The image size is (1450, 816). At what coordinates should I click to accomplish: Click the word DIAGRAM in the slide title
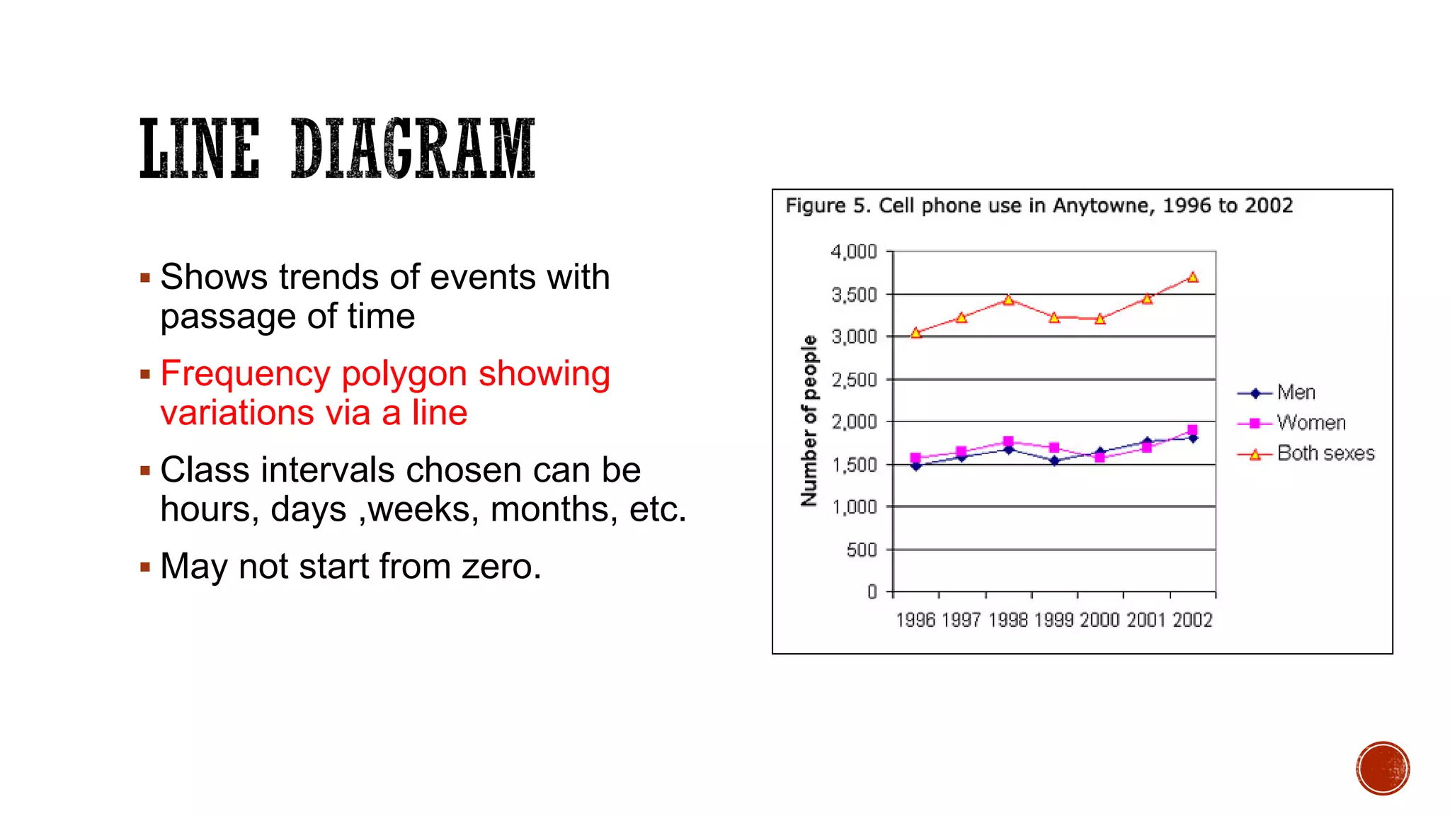tap(413, 149)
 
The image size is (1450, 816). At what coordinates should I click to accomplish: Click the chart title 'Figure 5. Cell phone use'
tap(1038, 205)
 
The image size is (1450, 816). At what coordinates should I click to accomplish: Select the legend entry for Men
tap(1296, 392)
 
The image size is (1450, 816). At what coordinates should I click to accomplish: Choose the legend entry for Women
tap(1311, 423)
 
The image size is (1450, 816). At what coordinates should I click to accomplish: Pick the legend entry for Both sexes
tap(1325, 453)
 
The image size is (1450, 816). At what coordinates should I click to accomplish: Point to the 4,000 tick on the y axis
tap(854, 252)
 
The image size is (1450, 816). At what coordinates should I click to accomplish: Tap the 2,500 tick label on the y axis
tap(854, 380)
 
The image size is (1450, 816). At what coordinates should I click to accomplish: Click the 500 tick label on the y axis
tap(862, 550)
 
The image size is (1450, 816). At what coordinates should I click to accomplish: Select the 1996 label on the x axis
tap(915, 620)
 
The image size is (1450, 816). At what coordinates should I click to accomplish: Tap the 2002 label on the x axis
tap(1192, 620)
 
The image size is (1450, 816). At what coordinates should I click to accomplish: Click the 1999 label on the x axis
tap(1054, 620)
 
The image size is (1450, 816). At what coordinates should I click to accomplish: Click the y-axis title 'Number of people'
tap(809, 421)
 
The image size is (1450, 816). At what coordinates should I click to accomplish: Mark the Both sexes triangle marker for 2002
tap(1193, 277)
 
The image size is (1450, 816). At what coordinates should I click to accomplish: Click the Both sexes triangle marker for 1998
tap(1008, 300)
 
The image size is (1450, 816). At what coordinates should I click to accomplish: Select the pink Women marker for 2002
tap(1192, 430)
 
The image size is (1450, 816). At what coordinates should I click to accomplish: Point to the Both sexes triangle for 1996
tap(916, 332)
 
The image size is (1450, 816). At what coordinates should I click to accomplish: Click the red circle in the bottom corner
tap(1383, 769)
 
